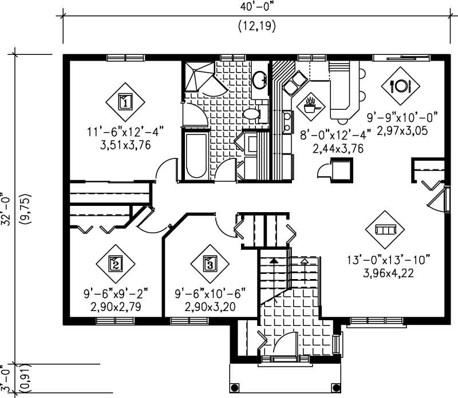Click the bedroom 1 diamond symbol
tap(125, 102)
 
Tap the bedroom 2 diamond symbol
tap(115, 264)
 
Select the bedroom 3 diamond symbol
tap(210, 264)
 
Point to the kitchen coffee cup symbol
tap(311, 106)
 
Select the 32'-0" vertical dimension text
tap(6, 209)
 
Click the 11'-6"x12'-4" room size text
tap(125, 133)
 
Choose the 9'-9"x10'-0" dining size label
tap(402, 118)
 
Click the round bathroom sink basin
tap(260, 79)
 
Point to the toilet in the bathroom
tap(252, 114)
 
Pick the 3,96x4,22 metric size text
tap(389, 273)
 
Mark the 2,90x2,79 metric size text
tap(116, 307)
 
